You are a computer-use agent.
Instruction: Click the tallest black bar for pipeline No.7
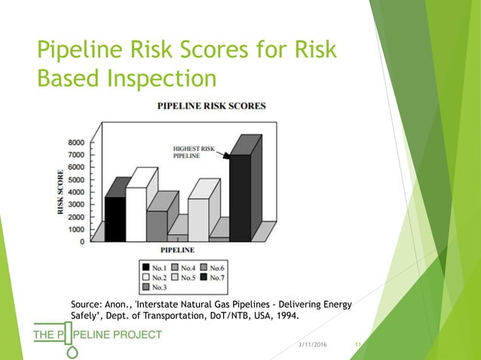click(x=240, y=197)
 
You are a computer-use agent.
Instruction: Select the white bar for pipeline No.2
click(x=136, y=214)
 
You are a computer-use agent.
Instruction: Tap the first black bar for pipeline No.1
click(x=115, y=218)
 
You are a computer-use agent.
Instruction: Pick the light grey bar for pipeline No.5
click(x=198, y=218)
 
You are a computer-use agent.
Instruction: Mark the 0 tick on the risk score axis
click(x=81, y=241)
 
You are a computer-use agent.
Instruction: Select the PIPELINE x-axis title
click(x=176, y=249)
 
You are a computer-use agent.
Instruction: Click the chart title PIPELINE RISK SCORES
click(x=211, y=106)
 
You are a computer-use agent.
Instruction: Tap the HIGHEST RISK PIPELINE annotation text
click(x=195, y=151)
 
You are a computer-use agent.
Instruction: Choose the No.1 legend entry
click(x=155, y=267)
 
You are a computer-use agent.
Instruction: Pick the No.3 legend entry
click(x=155, y=287)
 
